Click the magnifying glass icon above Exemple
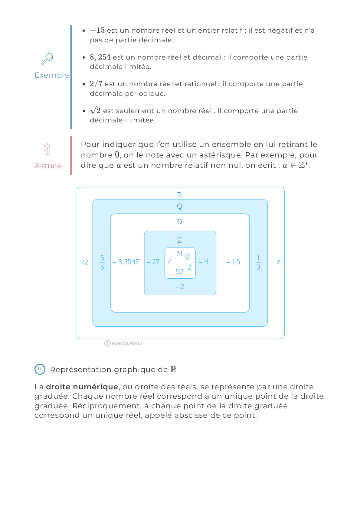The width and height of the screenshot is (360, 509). (47, 59)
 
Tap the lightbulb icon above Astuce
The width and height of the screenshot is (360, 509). (47, 150)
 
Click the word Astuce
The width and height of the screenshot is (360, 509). (48, 166)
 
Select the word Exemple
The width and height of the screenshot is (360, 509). (52, 75)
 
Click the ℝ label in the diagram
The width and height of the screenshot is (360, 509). (179, 195)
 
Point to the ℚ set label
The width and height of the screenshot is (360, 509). (179, 206)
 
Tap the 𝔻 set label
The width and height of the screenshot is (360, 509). (179, 222)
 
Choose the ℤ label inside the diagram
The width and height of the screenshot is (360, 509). (179, 240)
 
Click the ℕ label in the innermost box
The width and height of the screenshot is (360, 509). (179, 254)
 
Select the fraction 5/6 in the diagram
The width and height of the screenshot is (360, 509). (102, 262)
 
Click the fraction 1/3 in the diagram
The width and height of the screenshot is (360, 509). (258, 262)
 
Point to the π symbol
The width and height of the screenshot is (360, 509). (279, 262)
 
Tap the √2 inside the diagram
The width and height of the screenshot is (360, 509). (85, 262)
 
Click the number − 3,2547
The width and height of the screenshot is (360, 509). (126, 262)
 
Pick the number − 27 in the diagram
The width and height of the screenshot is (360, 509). (153, 262)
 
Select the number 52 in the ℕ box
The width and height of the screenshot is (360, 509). (179, 271)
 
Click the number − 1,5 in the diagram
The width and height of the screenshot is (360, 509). (234, 262)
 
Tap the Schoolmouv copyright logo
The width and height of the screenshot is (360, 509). (123, 343)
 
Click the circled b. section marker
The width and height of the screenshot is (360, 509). (40, 369)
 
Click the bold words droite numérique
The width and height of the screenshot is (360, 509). (82, 387)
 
